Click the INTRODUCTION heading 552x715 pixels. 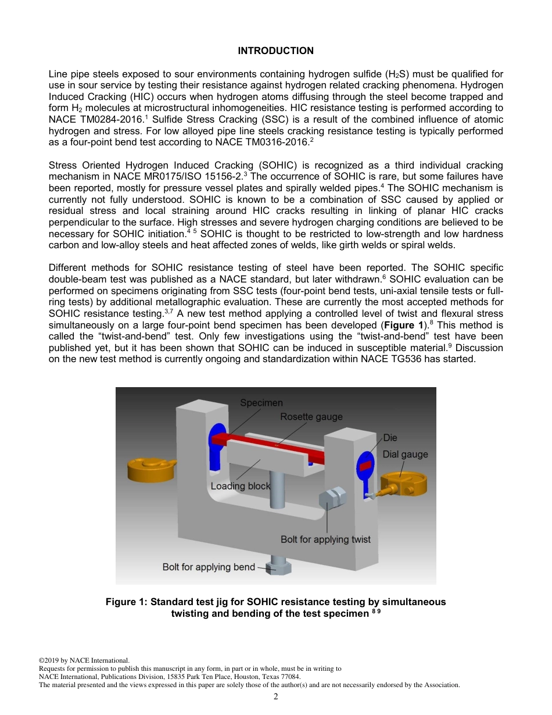click(x=275, y=51)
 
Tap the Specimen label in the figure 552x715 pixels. click(x=261, y=403)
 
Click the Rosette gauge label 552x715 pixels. click(x=311, y=417)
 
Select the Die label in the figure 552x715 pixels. click(x=390, y=438)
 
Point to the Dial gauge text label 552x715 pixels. click(x=405, y=455)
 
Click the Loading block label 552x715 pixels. click(x=240, y=486)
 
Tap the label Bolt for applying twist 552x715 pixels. click(x=325, y=539)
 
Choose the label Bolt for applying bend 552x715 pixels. click(x=209, y=567)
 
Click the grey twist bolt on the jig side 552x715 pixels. click(x=333, y=498)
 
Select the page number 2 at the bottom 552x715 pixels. click(x=276, y=696)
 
